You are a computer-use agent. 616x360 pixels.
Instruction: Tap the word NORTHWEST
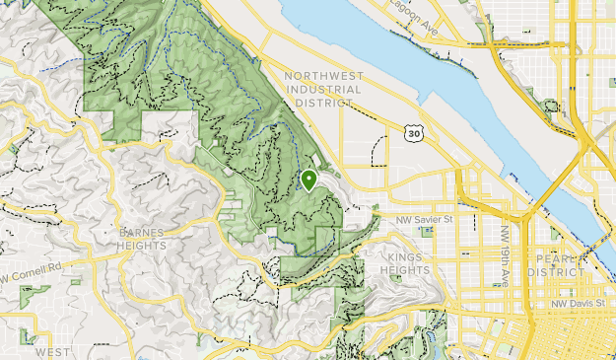(x=322, y=76)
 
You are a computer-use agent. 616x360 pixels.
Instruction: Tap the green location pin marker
(x=308, y=180)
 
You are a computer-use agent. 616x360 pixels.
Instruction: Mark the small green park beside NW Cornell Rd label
(x=34, y=293)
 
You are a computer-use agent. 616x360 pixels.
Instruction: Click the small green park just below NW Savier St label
(x=426, y=232)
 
